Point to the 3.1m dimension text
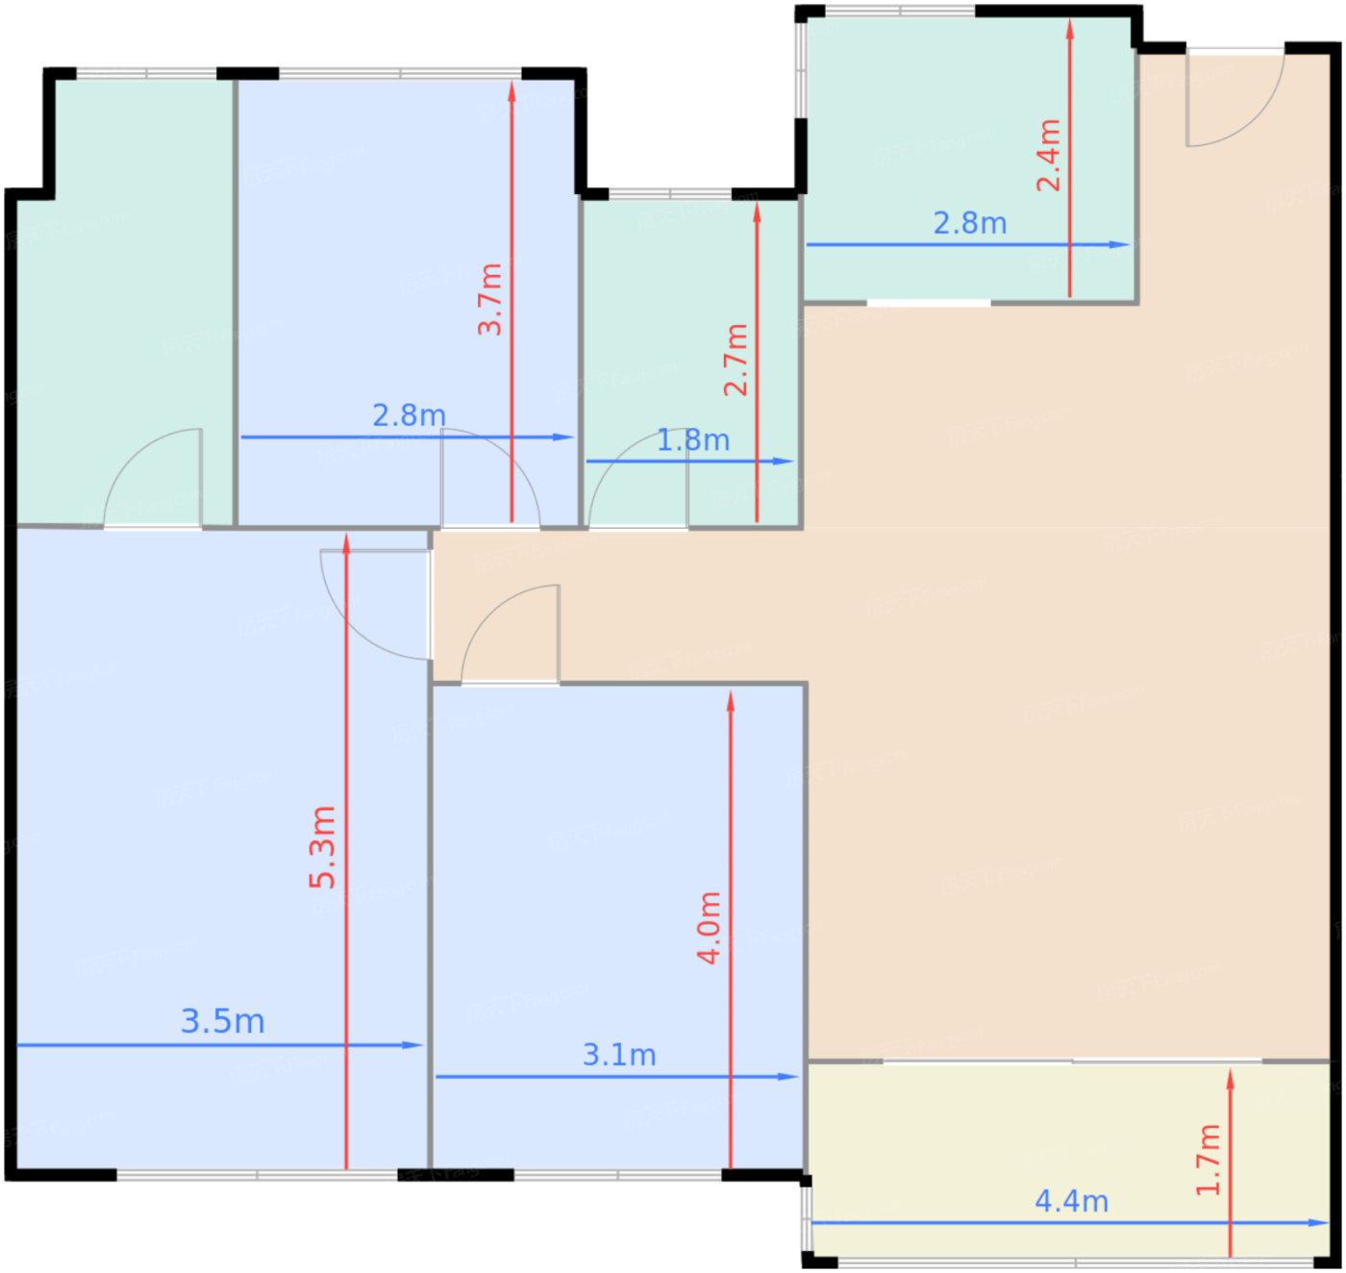coord(619,1055)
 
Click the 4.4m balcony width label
coord(1071,1201)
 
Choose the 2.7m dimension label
coord(735,359)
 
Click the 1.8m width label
coord(693,439)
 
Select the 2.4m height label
coord(1048,155)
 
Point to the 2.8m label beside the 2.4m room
coord(969,223)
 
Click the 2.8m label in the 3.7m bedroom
coord(409,415)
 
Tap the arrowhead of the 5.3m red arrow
coord(346,543)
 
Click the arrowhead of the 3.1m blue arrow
coord(788,1077)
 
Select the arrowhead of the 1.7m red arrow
coord(1230,1079)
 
